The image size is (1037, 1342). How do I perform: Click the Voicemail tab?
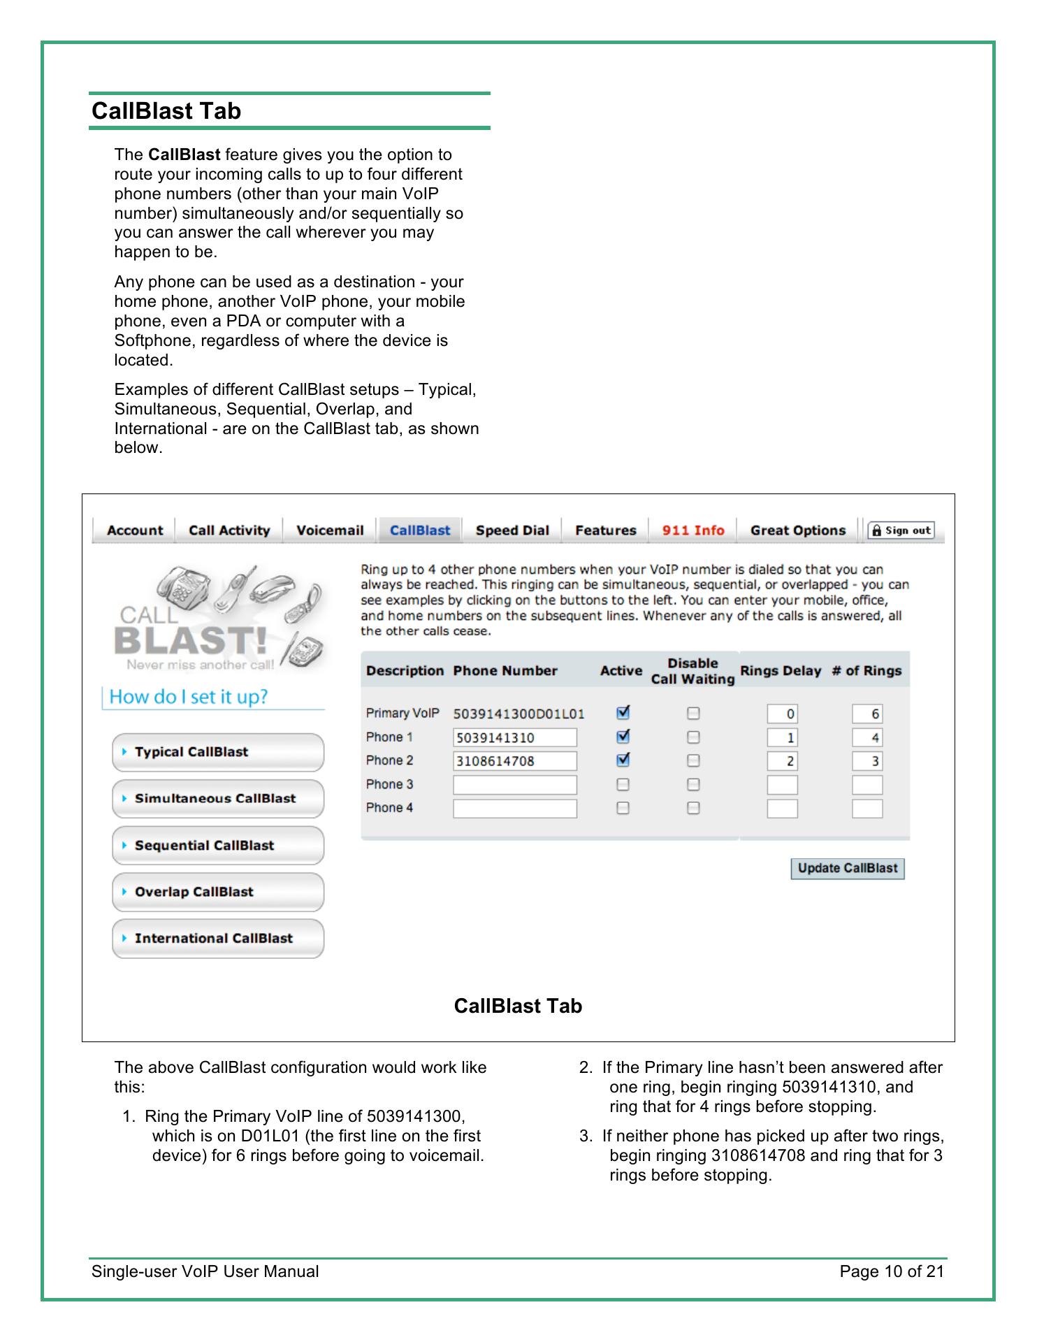tap(330, 531)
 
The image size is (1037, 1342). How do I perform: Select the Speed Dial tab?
tap(512, 531)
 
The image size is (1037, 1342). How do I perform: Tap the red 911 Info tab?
tap(693, 531)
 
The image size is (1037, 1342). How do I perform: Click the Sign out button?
tap(901, 531)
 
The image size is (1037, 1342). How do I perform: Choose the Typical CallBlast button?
tap(218, 752)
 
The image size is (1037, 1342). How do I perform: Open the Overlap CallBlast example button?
tap(218, 892)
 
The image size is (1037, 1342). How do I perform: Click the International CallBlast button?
tap(218, 939)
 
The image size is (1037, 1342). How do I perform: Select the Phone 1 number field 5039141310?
tap(515, 737)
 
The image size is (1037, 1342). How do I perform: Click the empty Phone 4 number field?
tap(515, 808)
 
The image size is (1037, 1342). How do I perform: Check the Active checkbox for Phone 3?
tap(623, 784)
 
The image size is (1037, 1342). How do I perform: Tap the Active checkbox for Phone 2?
tap(623, 760)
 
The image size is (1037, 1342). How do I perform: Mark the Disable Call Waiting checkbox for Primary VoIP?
tap(693, 714)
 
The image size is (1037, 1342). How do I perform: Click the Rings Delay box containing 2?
tap(783, 761)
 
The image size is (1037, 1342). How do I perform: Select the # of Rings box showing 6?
tap(867, 714)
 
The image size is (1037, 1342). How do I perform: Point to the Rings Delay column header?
tap(781, 671)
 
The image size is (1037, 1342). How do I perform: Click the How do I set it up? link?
tap(189, 697)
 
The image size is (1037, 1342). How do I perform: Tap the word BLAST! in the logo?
tap(190, 640)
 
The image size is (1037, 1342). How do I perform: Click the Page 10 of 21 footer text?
tap(892, 1271)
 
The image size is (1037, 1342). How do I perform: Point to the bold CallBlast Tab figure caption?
tap(518, 1006)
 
